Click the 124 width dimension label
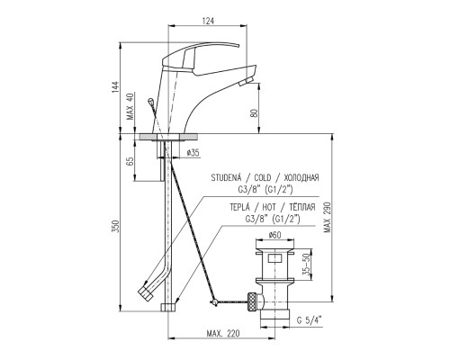tap(208, 21)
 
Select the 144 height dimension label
tap(115, 87)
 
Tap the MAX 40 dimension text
tap(130, 106)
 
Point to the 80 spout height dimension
tap(254, 113)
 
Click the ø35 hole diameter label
tap(193, 153)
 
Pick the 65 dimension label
tap(130, 162)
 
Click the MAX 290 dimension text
tap(327, 217)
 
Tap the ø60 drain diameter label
tap(274, 236)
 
